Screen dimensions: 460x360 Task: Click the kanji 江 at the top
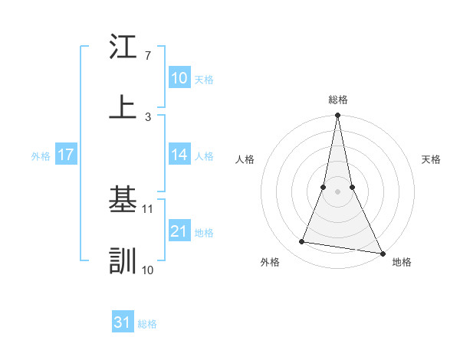pos(123,47)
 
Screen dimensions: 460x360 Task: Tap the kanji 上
pos(123,107)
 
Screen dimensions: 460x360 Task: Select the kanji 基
pos(123,201)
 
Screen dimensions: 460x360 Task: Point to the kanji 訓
pos(123,260)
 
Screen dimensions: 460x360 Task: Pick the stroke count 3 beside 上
pos(147,116)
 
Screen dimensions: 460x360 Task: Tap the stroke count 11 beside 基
pos(149,208)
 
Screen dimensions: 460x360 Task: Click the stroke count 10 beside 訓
pos(149,270)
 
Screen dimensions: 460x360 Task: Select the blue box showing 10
pos(179,78)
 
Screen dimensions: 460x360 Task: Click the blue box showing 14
pos(179,155)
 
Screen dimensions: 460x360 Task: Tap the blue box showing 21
pos(179,231)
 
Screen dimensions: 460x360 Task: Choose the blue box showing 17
pos(66,155)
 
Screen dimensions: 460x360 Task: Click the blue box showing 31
pos(123,322)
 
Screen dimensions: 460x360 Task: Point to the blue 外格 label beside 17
pos(41,155)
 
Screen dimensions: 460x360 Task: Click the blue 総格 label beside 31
pos(147,324)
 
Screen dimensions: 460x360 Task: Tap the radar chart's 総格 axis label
pos(337,100)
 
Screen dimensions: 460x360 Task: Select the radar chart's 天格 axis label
pos(432,159)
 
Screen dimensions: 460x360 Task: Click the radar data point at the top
pos(337,116)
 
